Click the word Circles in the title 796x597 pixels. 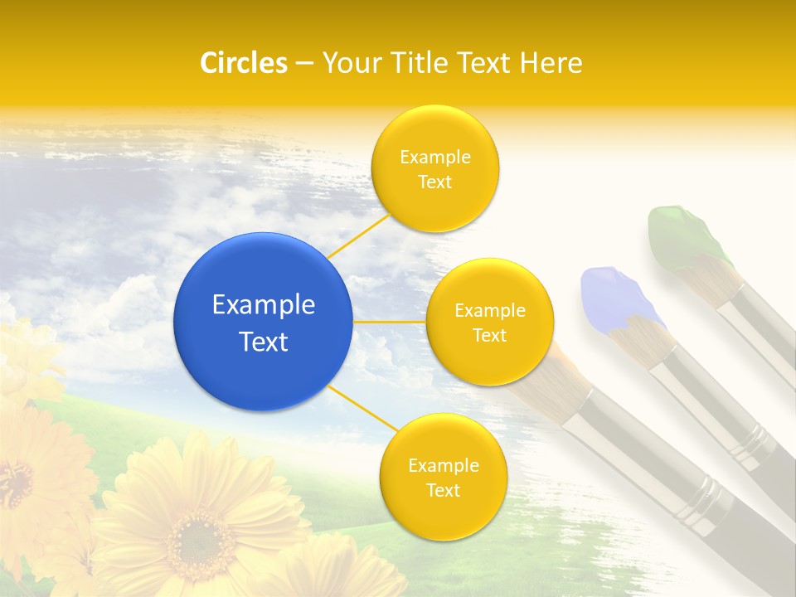click(x=244, y=63)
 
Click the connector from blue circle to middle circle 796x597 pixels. click(x=389, y=321)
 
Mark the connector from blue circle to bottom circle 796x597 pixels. click(x=363, y=409)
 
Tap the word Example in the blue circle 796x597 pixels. click(x=264, y=305)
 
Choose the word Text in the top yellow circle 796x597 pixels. click(x=434, y=182)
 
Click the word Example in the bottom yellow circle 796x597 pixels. click(x=443, y=465)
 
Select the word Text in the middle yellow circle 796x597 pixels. click(x=490, y=336)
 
